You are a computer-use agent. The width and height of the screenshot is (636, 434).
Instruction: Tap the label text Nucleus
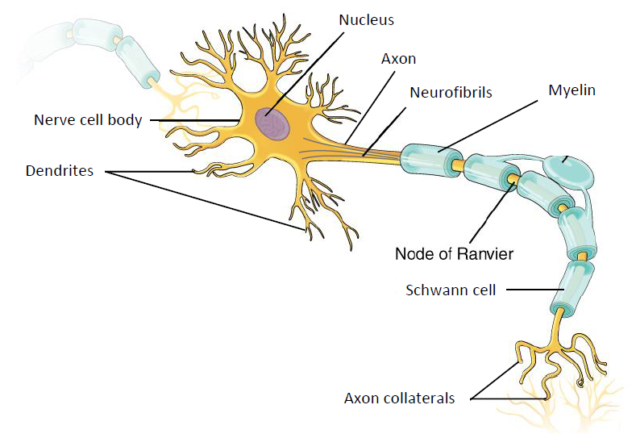click(x=366, y=20)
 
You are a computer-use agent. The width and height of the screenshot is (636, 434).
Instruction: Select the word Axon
click(x=398, y=59)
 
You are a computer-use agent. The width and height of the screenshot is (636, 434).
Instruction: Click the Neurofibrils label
click(x=451, y=93)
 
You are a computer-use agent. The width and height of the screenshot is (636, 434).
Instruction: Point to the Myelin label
click(x=572, y=90)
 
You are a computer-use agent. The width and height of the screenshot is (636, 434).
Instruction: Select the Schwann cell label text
click(x=451, y=290)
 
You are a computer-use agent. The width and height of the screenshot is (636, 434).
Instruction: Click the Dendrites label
click(x=60, y=170)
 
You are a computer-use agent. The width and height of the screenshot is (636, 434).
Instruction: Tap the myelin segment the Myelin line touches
click(x=432, y=159)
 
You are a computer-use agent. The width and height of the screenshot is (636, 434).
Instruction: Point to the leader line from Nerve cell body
click(x=194, y=120)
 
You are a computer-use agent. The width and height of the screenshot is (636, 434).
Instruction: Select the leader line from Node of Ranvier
click(x=493, y=212)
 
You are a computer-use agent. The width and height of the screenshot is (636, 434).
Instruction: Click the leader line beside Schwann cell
click(x=535, y=290)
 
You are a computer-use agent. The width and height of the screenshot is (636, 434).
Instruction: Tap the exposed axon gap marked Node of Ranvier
click(x=513, y=178)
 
